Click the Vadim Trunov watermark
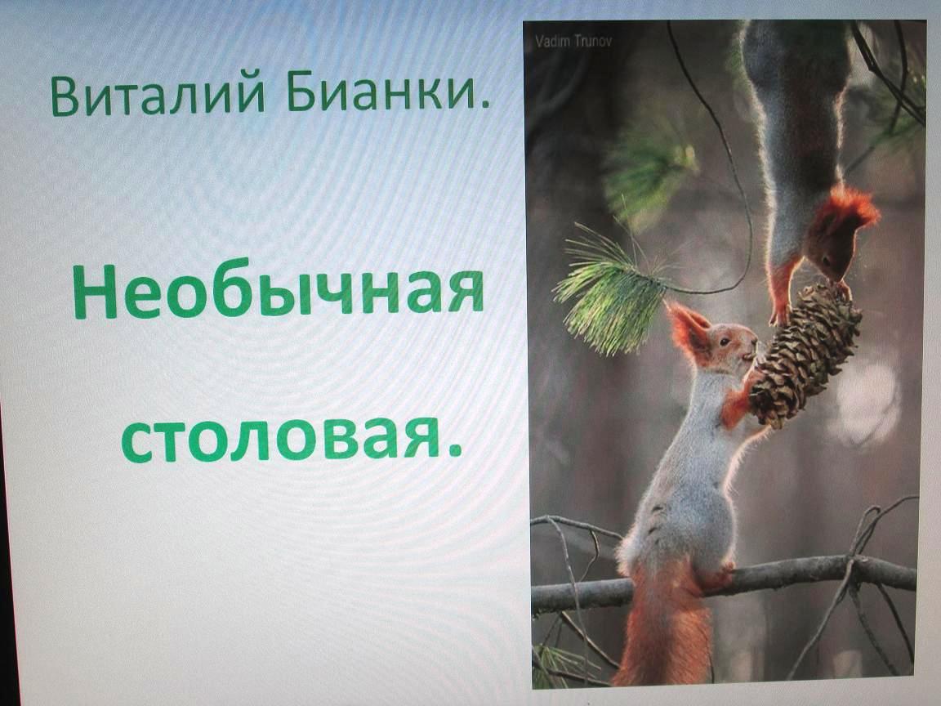[573, 41]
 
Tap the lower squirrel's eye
[725, 342]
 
